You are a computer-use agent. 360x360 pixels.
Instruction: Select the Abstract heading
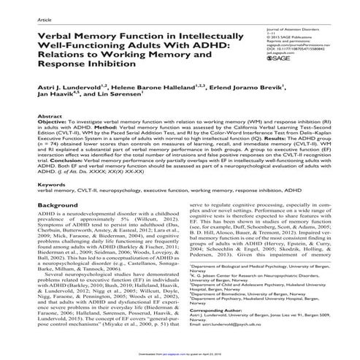point(49,116)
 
